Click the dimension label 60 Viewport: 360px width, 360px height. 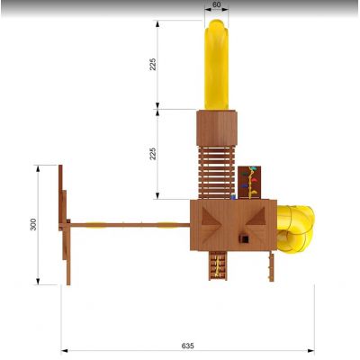point(216,4)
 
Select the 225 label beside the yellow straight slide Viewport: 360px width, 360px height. point(153,64)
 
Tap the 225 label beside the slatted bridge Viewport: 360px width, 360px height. point(153,154)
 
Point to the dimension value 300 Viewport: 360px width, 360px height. point(33,224)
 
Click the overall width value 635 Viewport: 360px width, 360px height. point(188,346)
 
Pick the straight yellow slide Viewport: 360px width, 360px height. point(216,65)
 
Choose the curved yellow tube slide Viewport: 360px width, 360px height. point(295,229)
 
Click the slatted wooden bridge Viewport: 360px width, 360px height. point(216,173)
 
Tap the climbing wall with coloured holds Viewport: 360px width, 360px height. point(249,183)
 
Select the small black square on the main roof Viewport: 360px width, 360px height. point(246,239)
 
